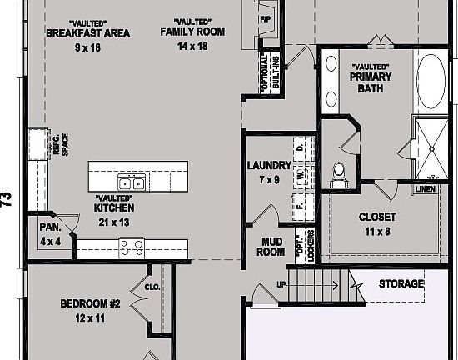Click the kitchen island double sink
pos(130,183)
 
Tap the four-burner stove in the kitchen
pos(132,246)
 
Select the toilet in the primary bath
pos(339,173)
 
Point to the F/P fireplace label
pos(266,19)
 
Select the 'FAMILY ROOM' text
pos(192,32)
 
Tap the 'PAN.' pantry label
pos(49,227)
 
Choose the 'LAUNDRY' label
pos(269,165)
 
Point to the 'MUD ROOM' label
pos(269,246)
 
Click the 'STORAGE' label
pos(401,284)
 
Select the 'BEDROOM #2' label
pos(91,304)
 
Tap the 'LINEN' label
pos(425,189)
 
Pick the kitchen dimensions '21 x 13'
pos(114,222)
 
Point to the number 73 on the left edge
pos(7,198)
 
